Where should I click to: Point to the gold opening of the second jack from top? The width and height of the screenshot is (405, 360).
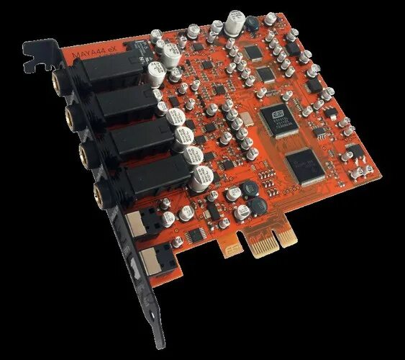point(71,114)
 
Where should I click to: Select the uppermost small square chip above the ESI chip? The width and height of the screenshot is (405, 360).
point(253,52)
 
